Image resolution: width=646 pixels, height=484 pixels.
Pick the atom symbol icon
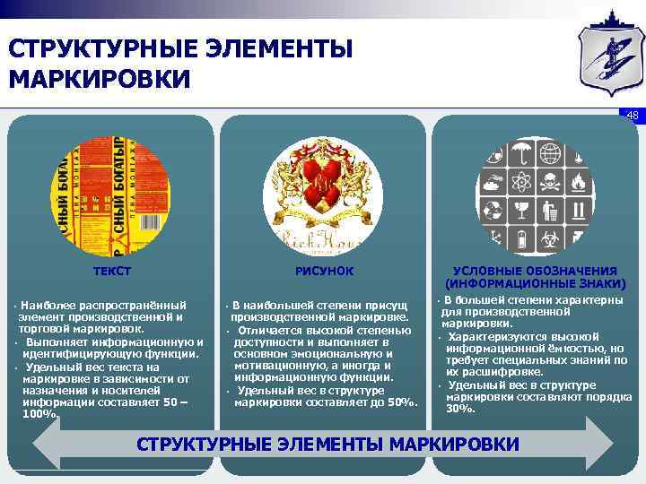coord(521,182)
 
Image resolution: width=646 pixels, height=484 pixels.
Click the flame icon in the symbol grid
coord(579,183)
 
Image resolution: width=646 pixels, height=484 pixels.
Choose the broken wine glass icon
coord(521,211)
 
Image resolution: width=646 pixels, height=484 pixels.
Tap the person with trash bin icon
coord(550,212)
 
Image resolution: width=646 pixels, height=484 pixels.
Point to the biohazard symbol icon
coord(550,239)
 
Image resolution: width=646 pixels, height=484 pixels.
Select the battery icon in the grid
coord(521,239)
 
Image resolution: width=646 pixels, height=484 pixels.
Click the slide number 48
coord(632,115)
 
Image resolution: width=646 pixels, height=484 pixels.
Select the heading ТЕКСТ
coord(113,270)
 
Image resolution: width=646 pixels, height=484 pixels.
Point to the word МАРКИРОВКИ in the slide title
coord(100,79)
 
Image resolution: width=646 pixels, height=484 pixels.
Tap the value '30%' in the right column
coord(460,408)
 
